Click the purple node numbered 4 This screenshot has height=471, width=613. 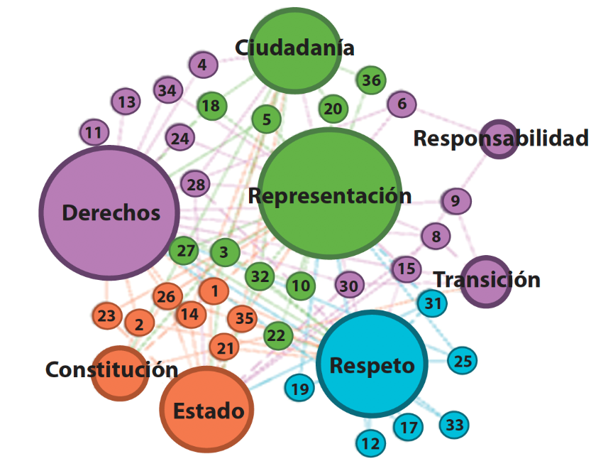(202, 65)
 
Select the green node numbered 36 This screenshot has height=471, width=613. (370, 80)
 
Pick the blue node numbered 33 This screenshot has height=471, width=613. (455, 425)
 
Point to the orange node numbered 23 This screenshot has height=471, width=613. (106, 315)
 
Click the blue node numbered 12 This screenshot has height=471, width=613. (370, 445)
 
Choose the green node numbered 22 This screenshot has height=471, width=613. (279, 335)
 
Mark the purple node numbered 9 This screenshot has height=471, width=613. (455, 201)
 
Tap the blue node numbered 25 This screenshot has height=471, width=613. (463, 361)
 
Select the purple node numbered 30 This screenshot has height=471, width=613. (348, 286)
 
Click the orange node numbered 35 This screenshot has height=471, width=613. (244, 318)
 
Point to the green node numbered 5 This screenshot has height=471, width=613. (266, 119)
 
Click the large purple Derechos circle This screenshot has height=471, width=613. (109, 213)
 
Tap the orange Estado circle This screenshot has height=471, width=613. (206, 409)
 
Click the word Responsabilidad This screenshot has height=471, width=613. (501, 138)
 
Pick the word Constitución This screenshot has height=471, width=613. (111, 369)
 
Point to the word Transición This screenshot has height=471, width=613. (487, 279)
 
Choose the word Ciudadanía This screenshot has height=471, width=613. (294, 48)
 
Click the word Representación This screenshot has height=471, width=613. (329, 195)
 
